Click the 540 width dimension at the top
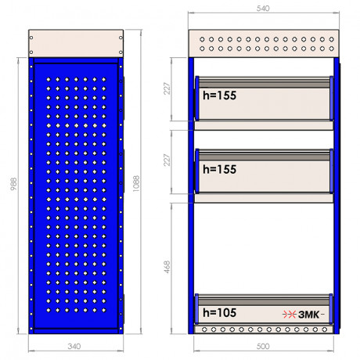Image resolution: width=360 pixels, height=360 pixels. click(263, 9)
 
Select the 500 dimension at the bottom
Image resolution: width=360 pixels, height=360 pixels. click(263, 347)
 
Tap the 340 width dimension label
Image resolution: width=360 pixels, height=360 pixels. click(74, 347)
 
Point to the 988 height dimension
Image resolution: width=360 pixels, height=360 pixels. click(13, 184)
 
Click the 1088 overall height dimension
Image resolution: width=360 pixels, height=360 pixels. click(136, 184)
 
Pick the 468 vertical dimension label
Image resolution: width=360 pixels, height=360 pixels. click(167, 267)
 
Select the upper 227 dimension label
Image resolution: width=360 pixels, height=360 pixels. click(167, 88)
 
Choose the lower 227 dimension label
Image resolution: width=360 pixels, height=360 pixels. click(167, 160)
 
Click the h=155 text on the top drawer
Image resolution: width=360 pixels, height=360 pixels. click(220, 95)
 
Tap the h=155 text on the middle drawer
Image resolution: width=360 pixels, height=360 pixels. click(220, 169)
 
